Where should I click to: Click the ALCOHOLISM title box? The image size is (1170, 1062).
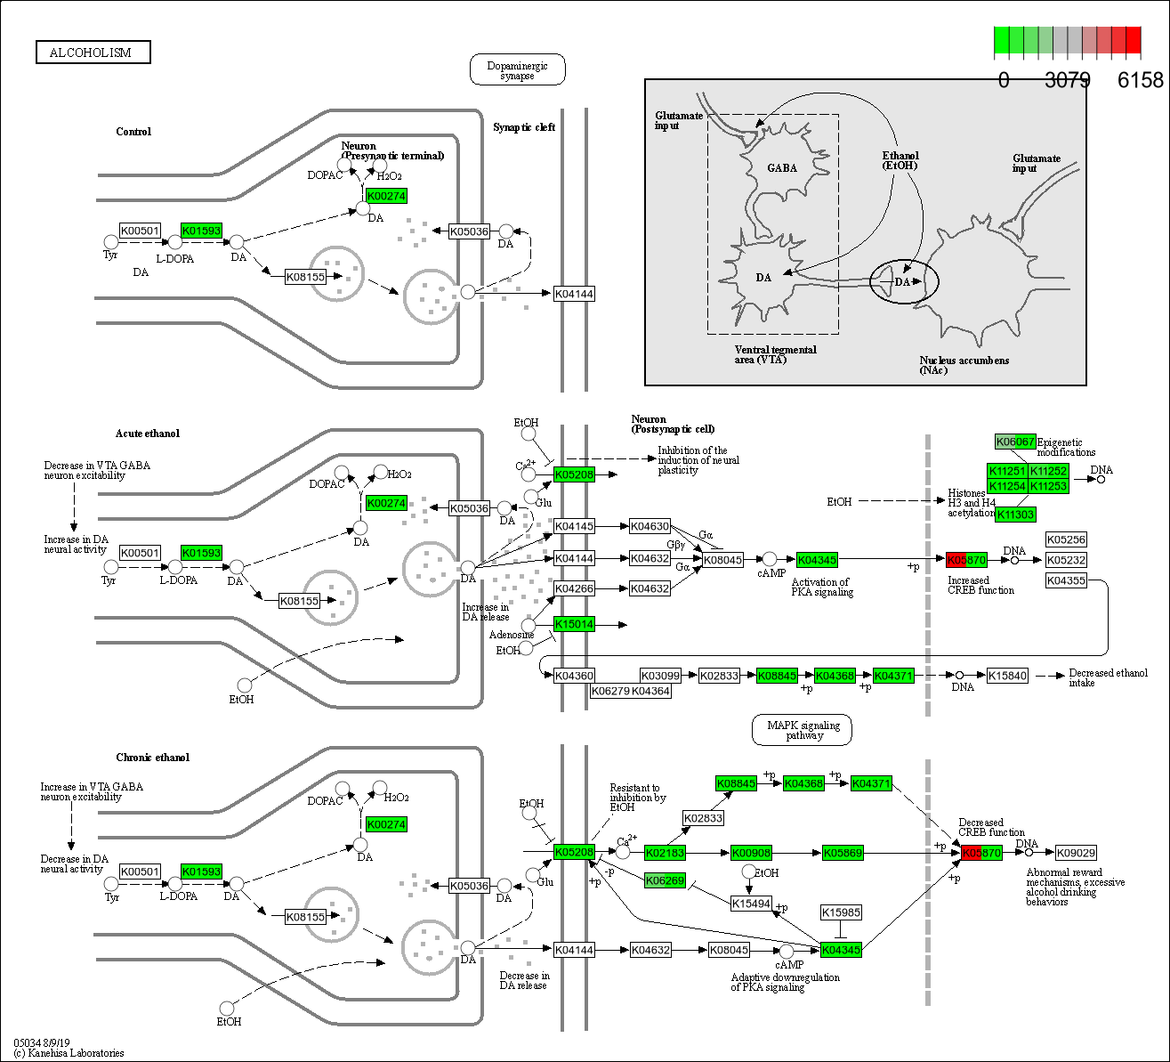point(93,53)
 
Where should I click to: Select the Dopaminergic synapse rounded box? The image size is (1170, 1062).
point(517,70)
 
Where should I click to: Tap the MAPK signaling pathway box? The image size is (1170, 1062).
point(802,730)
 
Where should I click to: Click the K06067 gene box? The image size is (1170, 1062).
point(1014,442)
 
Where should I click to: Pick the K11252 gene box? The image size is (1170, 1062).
point(1049,470)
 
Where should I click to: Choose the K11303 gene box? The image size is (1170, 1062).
point(1015,515)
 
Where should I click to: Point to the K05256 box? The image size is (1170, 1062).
point(1066,539)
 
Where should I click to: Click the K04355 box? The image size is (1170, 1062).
point(1066,580)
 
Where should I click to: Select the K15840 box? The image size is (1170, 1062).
point(1008,676)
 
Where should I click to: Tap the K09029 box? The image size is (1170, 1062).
point(1076,853)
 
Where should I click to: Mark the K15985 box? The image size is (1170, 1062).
point(841,912)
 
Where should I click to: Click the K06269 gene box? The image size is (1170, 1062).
point(665,880)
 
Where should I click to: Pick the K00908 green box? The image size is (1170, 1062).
point(752,853)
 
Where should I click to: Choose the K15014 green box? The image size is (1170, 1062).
point(574,624)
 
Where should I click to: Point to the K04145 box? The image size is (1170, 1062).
point(574,526)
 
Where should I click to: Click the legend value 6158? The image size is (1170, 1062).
point(1140,80)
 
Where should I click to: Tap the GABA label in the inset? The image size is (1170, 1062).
point(782,167)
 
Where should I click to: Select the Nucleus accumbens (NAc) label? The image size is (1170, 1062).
point(964,365)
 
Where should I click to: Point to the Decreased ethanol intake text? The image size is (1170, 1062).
point(1108,677)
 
